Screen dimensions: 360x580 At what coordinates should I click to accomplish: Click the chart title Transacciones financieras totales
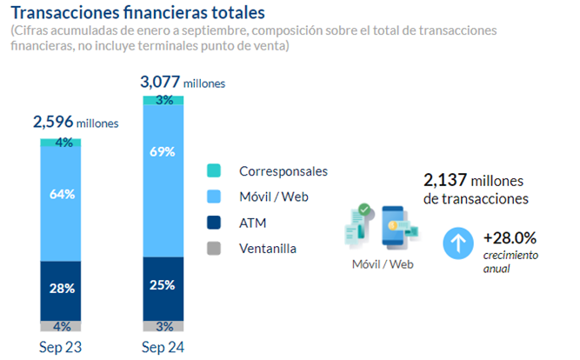[138, 13]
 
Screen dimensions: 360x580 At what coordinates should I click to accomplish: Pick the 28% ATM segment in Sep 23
[61, 290]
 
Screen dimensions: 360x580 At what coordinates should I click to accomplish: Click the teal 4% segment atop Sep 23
[61, 143]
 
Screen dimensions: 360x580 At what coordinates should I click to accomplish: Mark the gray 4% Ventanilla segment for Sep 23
[61, 326]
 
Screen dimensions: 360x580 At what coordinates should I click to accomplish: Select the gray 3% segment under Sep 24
[163, 327]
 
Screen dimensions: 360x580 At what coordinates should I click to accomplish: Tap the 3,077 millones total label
[183, 82]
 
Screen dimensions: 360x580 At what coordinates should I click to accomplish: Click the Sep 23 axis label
[61, 347]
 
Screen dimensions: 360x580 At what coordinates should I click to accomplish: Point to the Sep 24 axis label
[163, 347]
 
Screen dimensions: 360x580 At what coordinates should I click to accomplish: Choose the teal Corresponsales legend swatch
[215, 171]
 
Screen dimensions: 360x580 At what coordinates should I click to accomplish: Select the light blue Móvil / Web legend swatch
[215, 197]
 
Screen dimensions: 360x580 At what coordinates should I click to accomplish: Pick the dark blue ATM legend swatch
[215, 223]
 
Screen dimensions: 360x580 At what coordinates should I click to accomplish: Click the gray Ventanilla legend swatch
[215, 248]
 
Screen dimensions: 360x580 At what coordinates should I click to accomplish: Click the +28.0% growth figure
[510, 237]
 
